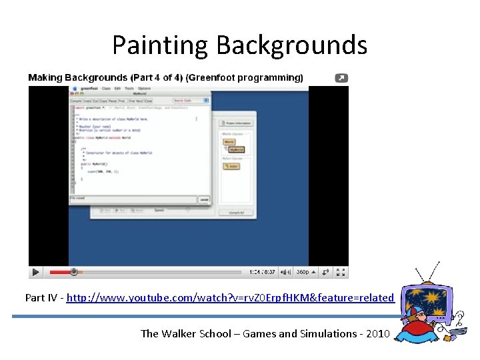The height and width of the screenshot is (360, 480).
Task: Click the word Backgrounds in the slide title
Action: point(291,46)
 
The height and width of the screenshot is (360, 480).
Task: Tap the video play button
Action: point(36,272)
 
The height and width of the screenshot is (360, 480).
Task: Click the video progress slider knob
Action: point(74,272)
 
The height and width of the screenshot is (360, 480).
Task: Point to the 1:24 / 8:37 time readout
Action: point(262,272)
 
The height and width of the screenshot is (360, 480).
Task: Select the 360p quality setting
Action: point(303,272)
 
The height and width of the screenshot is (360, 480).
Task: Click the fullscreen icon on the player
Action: point(341,272)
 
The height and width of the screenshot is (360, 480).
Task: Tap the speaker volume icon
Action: point(285,272)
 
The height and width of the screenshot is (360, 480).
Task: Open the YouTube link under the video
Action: point(230,297)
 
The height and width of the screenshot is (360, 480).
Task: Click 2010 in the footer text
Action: point(377,333)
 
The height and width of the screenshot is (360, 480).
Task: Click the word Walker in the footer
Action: point(181,333)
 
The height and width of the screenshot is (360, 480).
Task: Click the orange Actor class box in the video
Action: point(231,166)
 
